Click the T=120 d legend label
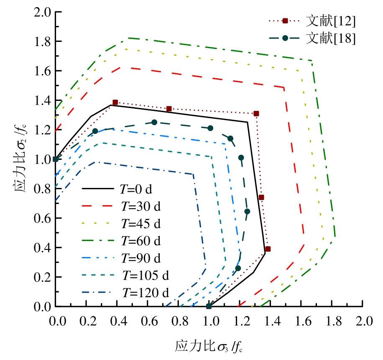tap(146, 292)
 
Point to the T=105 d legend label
tap(146, 275)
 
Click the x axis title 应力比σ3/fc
tap(209, 347)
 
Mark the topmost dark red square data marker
tap(115, 103)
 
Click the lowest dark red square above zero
tap(268, 249)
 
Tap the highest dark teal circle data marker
tap(154, 122)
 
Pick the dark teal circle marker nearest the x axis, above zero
tap(238, 268)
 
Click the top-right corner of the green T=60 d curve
tap(311, 61)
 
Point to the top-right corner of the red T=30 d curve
tap(284, 88)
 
